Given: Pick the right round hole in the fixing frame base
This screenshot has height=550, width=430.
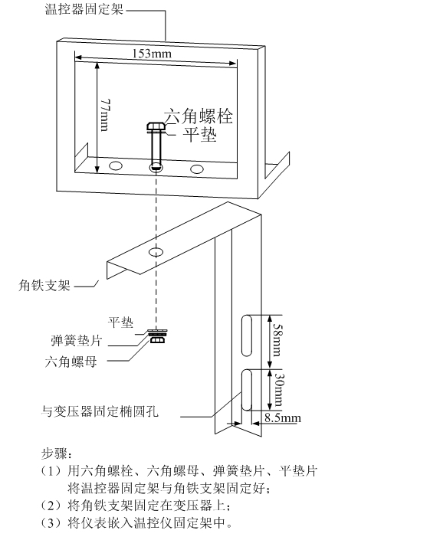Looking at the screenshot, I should (x=197, y=168).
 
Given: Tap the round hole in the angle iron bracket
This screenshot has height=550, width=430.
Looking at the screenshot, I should (x=156, y=251).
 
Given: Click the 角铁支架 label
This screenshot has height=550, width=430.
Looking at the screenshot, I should (x=44, y=285).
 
